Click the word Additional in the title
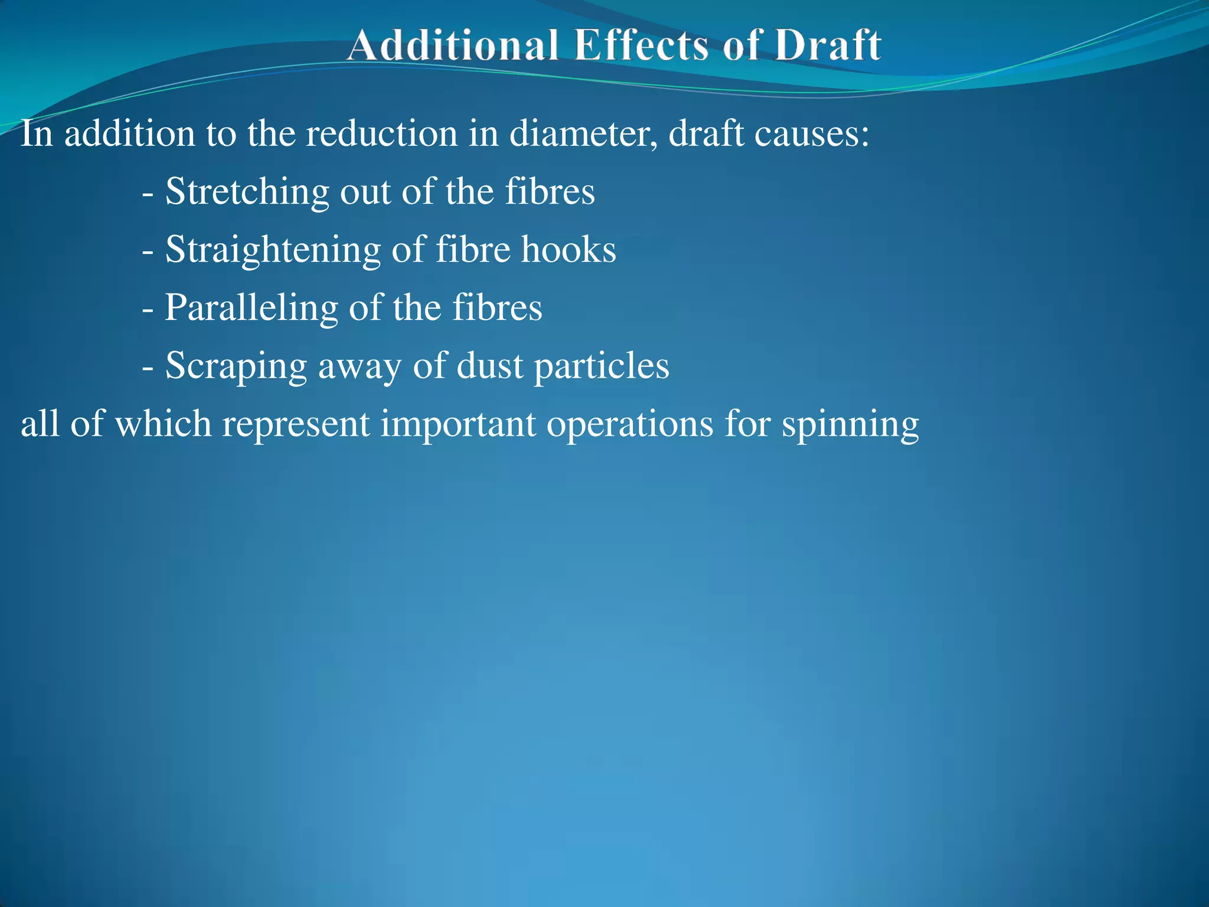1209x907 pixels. point(452,45)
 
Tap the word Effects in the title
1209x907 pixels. point(641,45)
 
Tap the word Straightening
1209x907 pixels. point(273,250)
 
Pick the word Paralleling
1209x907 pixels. point(251,308)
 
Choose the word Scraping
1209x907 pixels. point(236,366)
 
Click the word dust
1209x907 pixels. point(490,365)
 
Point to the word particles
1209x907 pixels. point(602,366)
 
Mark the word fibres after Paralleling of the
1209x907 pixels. point(497,308)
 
